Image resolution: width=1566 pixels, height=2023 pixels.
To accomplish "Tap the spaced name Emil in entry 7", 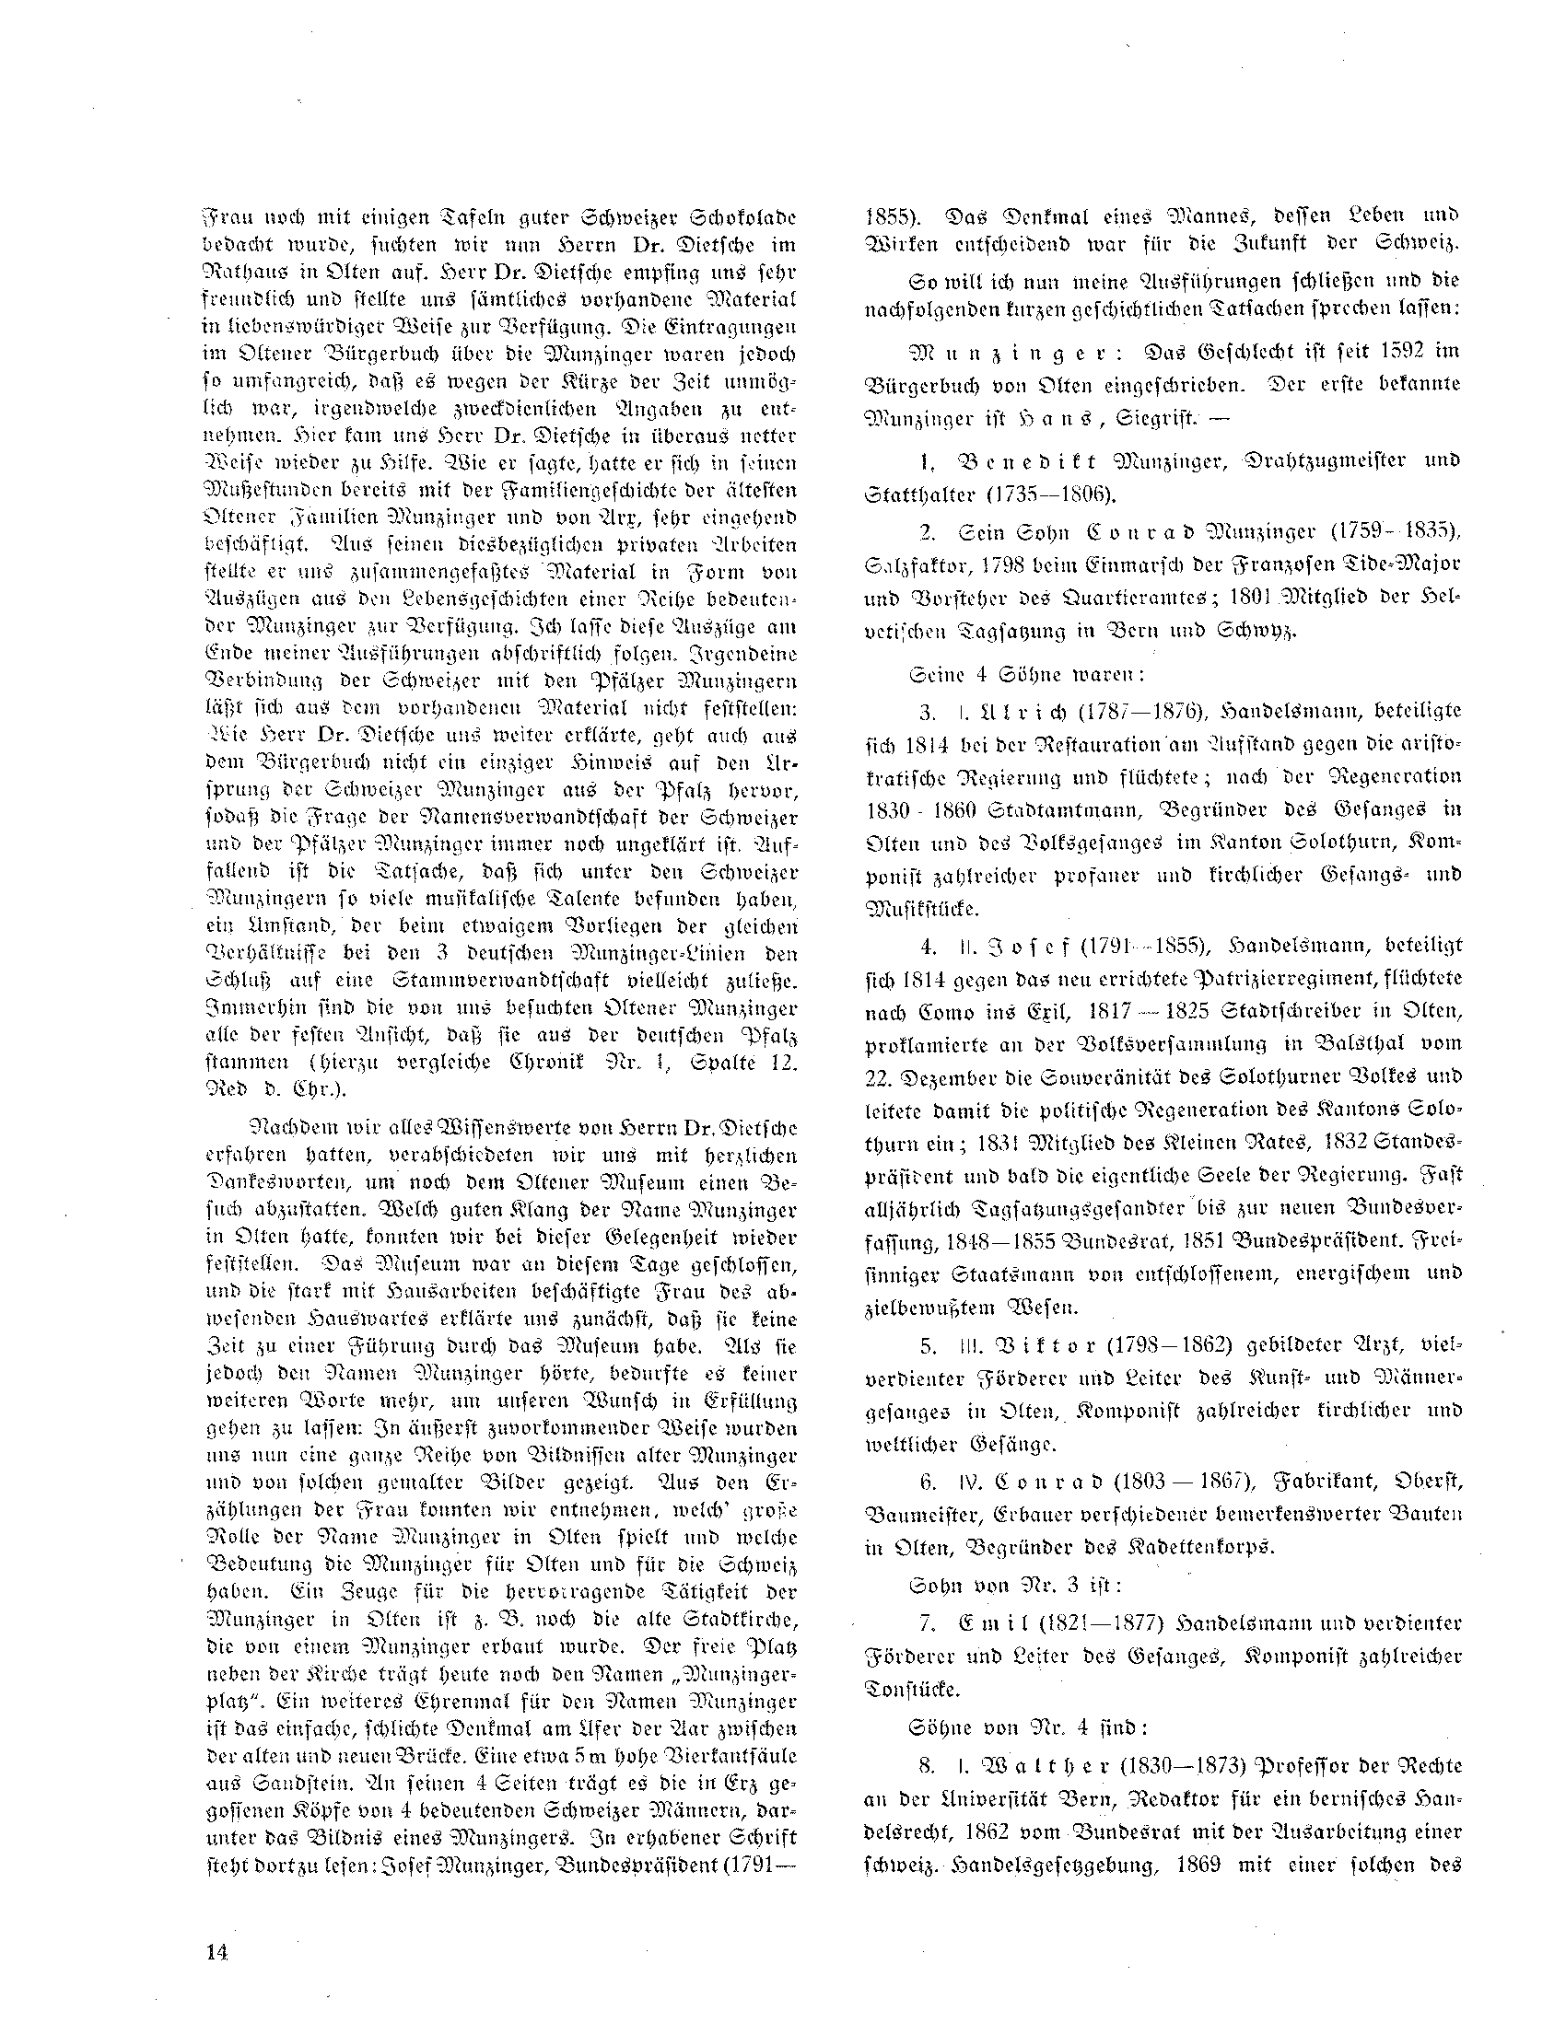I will tap(1002, 1623).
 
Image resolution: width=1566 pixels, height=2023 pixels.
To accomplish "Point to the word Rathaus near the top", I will tap(247, 275).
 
